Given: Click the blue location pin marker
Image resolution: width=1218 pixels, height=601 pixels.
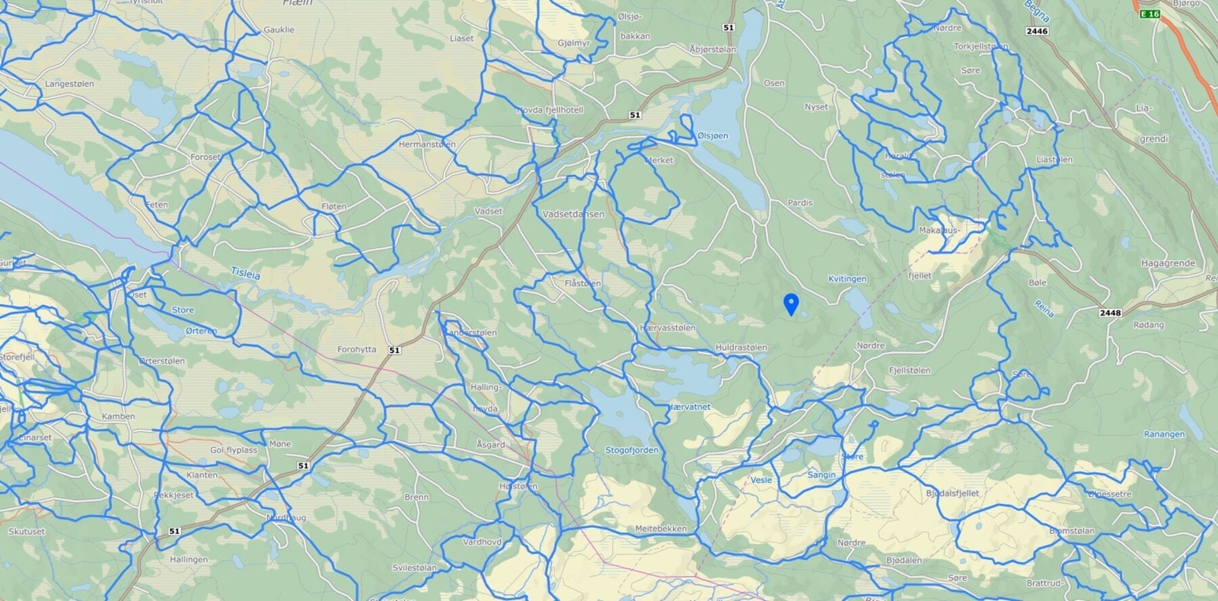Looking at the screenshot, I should [x=792, y=304].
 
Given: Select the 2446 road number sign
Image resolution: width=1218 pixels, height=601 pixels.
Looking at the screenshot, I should [x=1037, y=31].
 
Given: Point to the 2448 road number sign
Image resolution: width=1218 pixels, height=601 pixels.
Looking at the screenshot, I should [x=1110, y=313].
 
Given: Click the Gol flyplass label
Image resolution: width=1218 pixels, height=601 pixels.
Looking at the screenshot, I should [x=234, y=450].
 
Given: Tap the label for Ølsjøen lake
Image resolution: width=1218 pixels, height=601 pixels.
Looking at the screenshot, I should [x=713, y=135].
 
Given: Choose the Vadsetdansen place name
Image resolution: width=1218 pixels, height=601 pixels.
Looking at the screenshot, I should [x=573, y=215].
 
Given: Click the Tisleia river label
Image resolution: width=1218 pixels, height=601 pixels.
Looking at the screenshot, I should [x=245, y=273].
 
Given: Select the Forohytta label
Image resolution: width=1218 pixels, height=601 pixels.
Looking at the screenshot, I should [x=356, y=350].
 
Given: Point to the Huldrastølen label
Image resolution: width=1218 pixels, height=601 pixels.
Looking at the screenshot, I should [x=741, y=348].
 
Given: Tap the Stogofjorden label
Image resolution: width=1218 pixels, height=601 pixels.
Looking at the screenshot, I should [x=631, y=450].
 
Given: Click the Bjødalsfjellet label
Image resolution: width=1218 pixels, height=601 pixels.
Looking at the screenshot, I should [x=952, y=494].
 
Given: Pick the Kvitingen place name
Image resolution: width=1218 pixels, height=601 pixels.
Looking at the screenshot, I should [x=847, y=279].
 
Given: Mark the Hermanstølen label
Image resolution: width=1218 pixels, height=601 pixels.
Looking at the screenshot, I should [x=427, y=144].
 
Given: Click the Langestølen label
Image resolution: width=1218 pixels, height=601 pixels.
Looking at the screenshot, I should [x=69, y=84].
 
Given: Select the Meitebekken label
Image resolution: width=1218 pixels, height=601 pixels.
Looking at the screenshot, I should [x=661, y=529].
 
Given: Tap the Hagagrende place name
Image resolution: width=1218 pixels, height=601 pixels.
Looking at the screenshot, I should [x=1168, y=263].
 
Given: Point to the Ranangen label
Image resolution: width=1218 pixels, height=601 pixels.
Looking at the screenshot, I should [x=1164, y=434].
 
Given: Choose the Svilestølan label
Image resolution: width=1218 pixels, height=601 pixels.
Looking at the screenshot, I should [x=414, y=568].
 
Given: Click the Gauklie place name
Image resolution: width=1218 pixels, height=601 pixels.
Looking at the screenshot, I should [x=279, y=30].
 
